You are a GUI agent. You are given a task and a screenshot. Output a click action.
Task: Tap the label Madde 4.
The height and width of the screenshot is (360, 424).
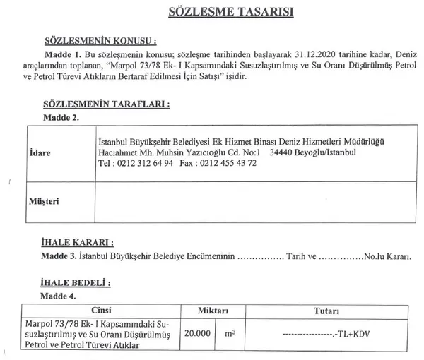(x=59, y=295)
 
